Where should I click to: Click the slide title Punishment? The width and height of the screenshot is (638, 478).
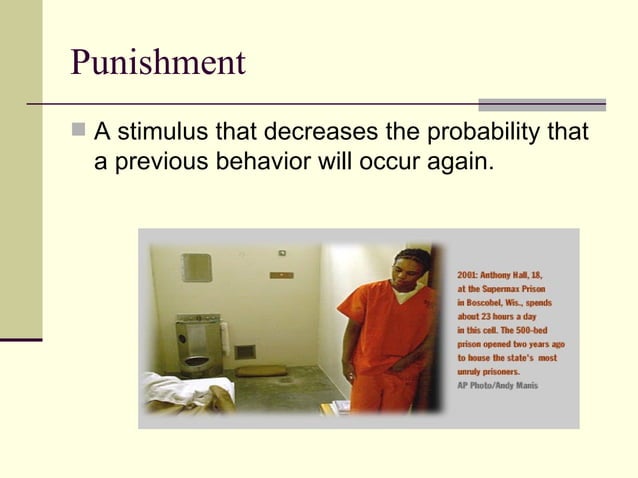(x=157, y=62)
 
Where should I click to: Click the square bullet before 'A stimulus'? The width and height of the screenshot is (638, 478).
(x=79, y=133)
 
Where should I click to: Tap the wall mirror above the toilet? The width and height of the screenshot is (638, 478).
(x=196, y=267)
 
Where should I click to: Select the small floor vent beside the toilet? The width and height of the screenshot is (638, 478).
(x=244, y=352)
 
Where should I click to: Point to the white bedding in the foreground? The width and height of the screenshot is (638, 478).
(x=185, y=392)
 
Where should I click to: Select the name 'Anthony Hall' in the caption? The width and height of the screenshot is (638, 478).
(x=519, y=274)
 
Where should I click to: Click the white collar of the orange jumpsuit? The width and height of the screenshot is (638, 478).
(x=403, y=294)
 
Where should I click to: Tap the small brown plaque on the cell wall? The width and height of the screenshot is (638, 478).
(x=281, y=275)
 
